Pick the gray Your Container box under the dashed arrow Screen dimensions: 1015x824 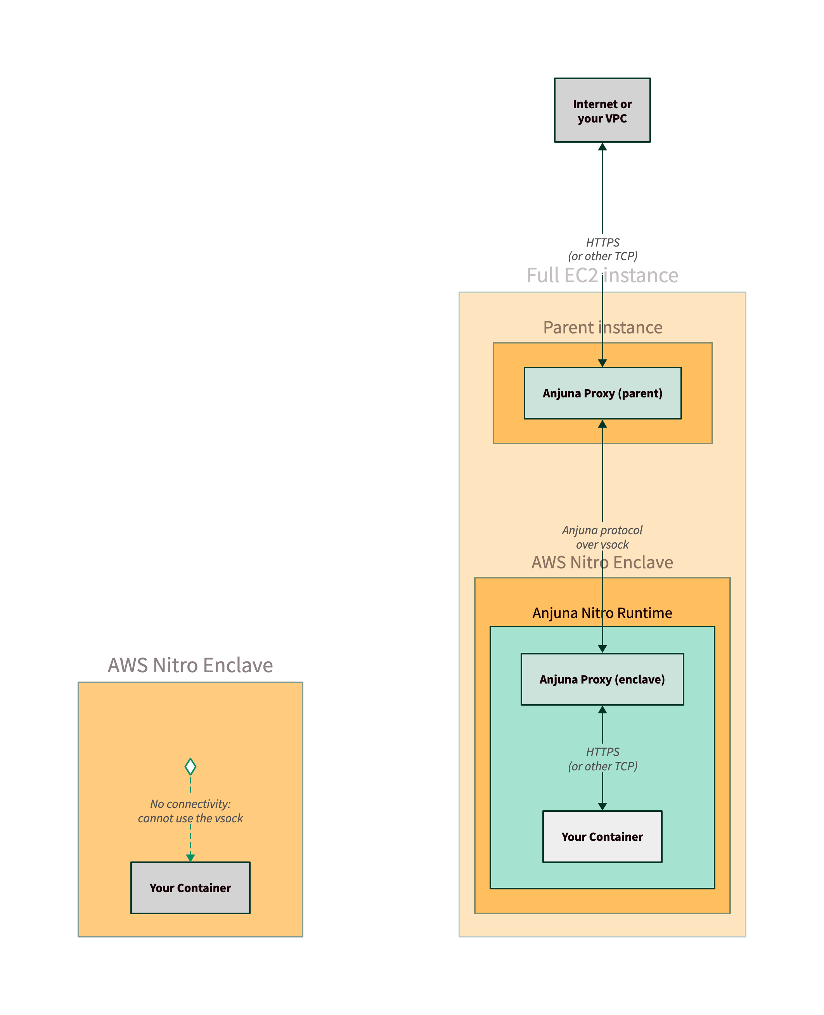[190, 888]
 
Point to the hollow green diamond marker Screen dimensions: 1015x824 [190, 766]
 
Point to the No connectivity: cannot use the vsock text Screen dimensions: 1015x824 [190, 811]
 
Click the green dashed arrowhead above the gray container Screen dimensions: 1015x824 [190, 858]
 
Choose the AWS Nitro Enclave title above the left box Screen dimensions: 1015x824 [190, 665]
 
